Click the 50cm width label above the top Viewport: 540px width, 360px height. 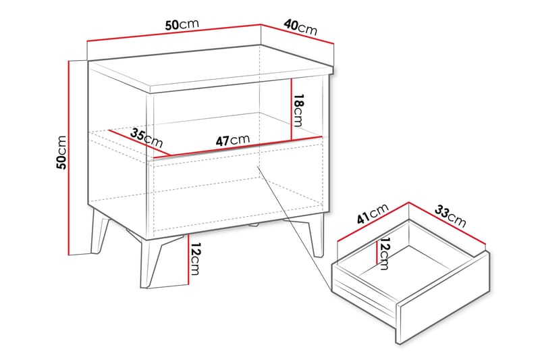pyautogui.click(x=182, y=24)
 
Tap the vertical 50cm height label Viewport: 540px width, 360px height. pyautogui.click(x=61, y=152)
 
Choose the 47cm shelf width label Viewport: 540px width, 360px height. pyautogui.click(x=232, y=140)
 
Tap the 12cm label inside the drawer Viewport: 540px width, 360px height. pyautogui.click(x=385, y=253)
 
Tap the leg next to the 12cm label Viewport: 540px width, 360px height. pyautogui.click(x=153, y=263)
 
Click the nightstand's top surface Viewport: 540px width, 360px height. pyautogui.click(x=209, y=68)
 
